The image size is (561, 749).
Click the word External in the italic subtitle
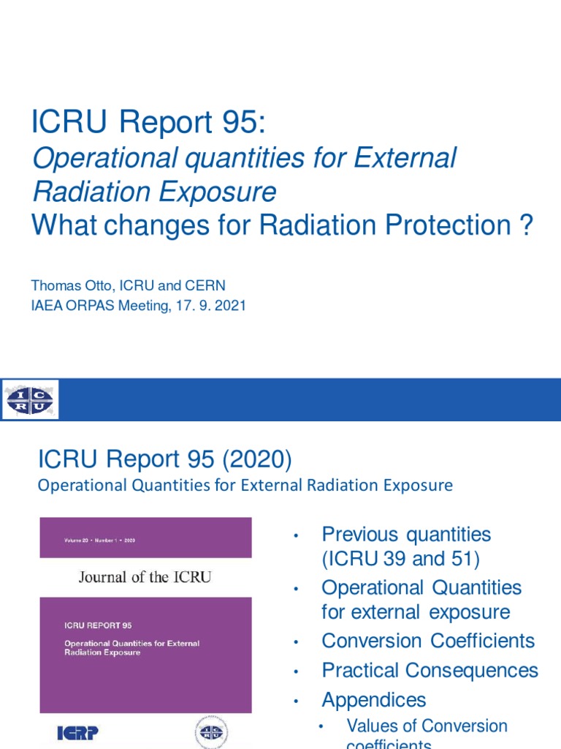pyautogui.click(x=408, y=158)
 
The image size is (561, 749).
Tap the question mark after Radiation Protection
pyautogui.click(x=524, y=225)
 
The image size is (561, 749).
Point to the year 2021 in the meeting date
pyautogui.click(x=228, y=306)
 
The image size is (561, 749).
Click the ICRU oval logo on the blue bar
pyautogui.click(x=30, y=399)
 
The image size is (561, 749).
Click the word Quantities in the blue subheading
pyautogui.click(x=154, y=485)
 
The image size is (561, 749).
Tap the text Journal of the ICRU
pyautogui.click(x=145, y=577)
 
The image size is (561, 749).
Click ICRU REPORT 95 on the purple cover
pyautogui.click(x=98, y=625)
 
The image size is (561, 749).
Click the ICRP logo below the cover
pyautogui.click(x=77, y=732)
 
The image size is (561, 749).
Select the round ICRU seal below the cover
pyautogui.click(x=211, y=732)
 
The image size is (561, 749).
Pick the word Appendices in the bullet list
pyautogui.click(x=373, y=700)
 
